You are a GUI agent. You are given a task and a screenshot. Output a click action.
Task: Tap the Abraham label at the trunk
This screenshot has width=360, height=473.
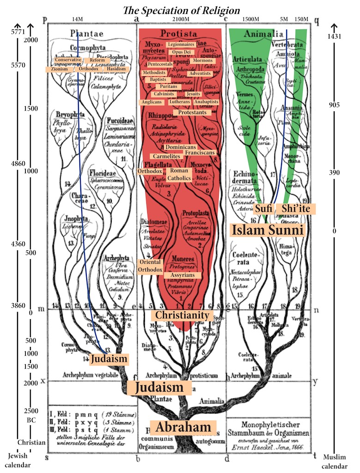(x=183, y=427)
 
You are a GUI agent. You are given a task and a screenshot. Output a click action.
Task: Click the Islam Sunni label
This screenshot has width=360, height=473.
(x=268, y=230)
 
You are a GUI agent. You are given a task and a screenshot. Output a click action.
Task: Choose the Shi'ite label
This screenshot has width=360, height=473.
(x=296, y=209)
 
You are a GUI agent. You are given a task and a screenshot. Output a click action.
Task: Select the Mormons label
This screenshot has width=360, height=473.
(x=203, y=61)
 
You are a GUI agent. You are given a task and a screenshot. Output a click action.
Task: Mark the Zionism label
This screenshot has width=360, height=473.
(x=60, y=69)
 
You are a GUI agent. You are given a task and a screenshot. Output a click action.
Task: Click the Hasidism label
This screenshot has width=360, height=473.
(x=113, y=69)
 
